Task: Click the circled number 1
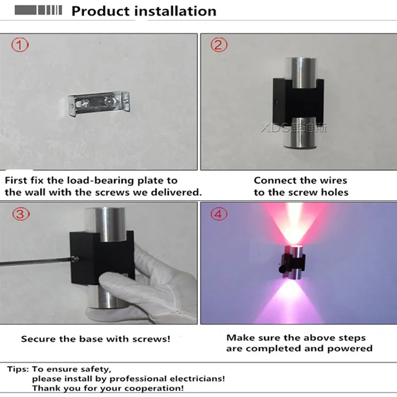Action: point(20,45)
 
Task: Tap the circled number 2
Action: point(219,45)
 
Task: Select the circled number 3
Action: point(21,214)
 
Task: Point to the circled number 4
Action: point(219,214)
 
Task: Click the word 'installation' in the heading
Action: point(175,11)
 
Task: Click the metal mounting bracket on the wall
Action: point(99,103)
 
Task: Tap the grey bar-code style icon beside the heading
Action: point(38,10)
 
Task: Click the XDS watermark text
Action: point(294,128)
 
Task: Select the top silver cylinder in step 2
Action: point(301,72)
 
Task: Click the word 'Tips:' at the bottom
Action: point(18,369)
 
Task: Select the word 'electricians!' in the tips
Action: point(197,379)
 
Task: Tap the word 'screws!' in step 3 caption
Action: point(151,339)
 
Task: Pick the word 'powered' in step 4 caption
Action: point(350,348)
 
